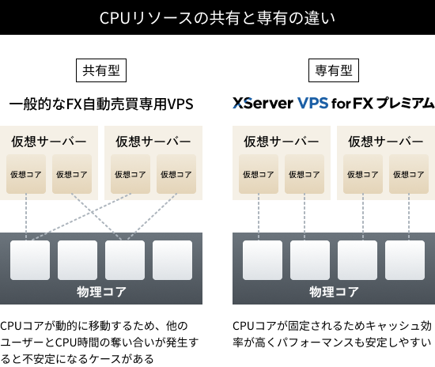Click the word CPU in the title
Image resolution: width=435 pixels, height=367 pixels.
pos(115,17)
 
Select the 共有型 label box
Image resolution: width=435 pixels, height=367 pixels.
pos(101,70)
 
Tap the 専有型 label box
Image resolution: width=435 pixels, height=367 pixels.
pos(334,70)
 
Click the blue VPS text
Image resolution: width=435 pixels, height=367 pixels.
pos(312,103)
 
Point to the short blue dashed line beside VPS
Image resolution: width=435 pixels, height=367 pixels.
pos(242,103)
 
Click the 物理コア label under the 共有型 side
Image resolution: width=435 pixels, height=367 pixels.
pos(101,291)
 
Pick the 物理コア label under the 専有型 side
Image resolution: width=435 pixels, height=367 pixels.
pos(334,291)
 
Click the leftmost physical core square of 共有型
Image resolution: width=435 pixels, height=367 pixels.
pos(30,260)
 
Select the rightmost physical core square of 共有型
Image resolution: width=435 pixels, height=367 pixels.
pos(172,260)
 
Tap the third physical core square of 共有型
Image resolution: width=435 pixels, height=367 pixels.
pos(125,260)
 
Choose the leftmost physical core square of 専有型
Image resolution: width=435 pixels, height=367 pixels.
pos(263,260)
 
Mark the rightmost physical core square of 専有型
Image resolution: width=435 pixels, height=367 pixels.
pos(405,260)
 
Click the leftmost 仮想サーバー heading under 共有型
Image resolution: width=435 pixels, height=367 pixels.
pos(49,142)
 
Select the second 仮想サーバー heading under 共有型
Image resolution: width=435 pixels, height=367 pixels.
pos(153,142)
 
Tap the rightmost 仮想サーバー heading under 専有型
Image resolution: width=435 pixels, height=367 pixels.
pos(386,142)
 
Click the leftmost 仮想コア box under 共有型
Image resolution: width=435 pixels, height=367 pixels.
pos(26,174)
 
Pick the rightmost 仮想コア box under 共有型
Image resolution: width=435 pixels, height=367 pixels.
pos(176,174)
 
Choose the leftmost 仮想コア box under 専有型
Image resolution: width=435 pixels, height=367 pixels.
pos(259,174)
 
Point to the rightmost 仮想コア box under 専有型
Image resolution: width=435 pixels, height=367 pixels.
pos(409,174)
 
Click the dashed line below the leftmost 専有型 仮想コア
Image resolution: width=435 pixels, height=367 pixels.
pos(259,218)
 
